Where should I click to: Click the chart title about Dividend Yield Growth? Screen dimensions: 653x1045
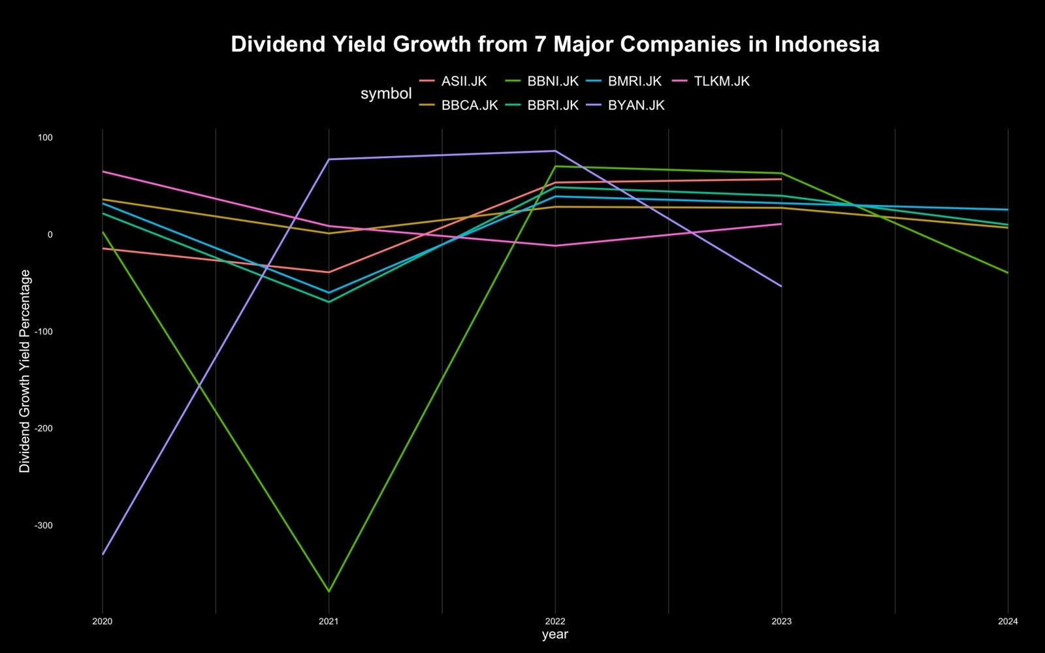click(x=555, y=44)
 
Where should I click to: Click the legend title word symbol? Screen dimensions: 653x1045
click(x=386, y=93)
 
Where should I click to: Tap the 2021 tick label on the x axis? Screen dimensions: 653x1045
click(x=329, y=621)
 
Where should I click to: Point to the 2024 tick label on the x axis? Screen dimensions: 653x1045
click(x=1008, y=621)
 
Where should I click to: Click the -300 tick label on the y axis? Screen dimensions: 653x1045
click(x=44, y=526)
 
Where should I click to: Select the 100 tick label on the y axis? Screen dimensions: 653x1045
click(x=45, y=138)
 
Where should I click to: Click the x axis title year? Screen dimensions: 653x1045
click(x=555, y=635)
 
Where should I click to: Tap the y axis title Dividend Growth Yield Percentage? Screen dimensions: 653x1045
click(x=25, y=371)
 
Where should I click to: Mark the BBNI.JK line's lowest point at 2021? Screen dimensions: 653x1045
click(x=329, y=592)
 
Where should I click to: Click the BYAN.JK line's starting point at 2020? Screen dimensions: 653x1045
click(x=103, y=554)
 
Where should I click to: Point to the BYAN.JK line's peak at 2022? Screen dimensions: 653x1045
click(x=555, y=151)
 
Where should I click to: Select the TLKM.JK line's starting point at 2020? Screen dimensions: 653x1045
click(x=103, y=172)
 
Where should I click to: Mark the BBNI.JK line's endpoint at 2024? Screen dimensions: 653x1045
click(x=1008, y=273)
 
